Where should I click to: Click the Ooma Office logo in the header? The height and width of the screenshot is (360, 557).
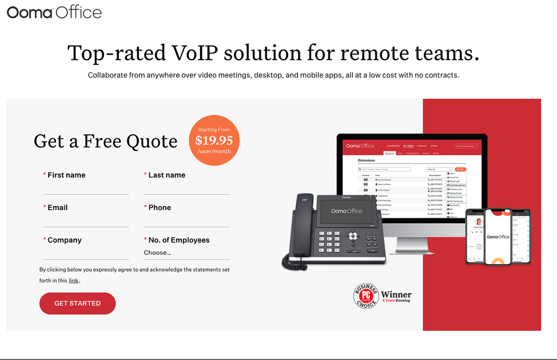click(x=54, y=12)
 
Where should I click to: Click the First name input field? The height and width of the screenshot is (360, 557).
click(x=86, y=188)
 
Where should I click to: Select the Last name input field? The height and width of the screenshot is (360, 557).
click(x=187, y=188)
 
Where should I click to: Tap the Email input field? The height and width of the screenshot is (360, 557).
click(x=86, y=220)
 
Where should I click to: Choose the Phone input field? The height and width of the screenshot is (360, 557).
click(x=187, y=220)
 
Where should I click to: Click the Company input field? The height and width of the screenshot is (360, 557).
click(x=86, y=253)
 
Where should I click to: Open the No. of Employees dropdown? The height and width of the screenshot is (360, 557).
click(x=187, y=253)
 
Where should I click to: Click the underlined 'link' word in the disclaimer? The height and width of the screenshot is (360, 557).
click(x=74, y=281)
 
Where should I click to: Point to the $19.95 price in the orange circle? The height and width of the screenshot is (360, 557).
click(x=214, y=141)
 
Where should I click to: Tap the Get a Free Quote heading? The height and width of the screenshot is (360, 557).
click(x=106, y=141)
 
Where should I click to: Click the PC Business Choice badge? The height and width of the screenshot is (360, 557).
click(x=365, y=296)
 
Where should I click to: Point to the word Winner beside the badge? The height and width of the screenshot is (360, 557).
click(x=396, y=294)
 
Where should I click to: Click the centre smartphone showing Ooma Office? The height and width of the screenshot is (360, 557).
click(x=498, y=237)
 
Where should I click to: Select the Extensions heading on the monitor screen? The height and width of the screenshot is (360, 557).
click(x=366, y=161)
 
